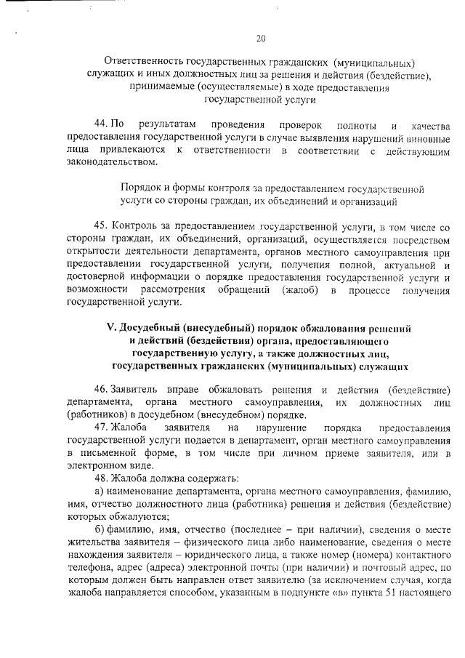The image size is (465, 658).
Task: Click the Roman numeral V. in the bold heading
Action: coord(112,329)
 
